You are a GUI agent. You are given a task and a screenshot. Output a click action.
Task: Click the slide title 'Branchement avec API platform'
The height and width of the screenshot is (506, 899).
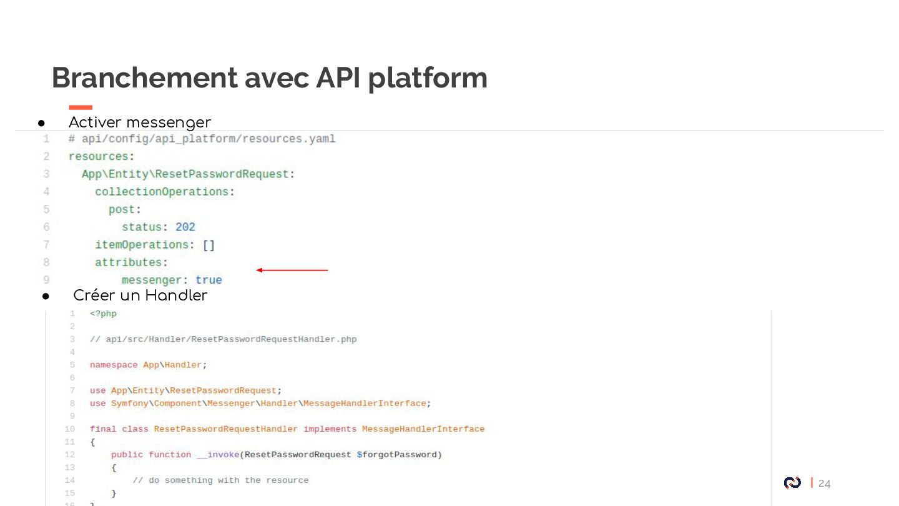[x=269, y=78]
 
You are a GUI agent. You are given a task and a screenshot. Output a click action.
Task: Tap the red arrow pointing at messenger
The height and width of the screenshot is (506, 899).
[x=292, y=270]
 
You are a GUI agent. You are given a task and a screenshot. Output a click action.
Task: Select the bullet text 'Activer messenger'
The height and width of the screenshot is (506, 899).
[x=139, y=122]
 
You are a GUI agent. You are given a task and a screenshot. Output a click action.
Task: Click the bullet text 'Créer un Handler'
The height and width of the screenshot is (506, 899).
[x=140, y=295]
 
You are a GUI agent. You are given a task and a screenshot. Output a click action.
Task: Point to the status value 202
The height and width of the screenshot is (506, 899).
[x=185, y=227]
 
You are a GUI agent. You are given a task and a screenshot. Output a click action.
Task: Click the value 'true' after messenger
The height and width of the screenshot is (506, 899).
[x=209, y=280]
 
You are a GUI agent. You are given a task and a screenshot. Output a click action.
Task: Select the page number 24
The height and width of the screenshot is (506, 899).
[x=825, y=484]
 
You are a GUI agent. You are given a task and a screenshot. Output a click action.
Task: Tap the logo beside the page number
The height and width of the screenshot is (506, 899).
[x=792, y=483]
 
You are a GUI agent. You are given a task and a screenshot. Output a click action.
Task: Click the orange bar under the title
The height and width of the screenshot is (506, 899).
[x=81, y=107]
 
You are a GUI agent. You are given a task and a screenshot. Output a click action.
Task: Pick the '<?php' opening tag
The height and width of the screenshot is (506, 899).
[x=103, y=314]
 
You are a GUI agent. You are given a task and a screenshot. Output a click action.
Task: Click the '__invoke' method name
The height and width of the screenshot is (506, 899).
[x=218, y=455]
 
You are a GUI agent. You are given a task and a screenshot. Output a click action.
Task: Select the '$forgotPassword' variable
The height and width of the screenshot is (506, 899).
[x=399, y=455]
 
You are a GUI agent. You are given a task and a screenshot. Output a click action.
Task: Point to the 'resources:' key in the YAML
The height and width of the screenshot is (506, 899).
[x=101, y=156]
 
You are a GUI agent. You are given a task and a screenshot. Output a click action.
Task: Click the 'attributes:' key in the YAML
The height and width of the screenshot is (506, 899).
[x=131, y=262]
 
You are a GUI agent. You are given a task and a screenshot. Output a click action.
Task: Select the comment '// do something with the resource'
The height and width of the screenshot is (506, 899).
[x=220, y=480]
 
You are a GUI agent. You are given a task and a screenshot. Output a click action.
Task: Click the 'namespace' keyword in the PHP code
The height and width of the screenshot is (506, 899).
[x=114, y=365]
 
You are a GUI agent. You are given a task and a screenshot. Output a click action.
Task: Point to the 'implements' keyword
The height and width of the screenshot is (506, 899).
[x=330, y=429]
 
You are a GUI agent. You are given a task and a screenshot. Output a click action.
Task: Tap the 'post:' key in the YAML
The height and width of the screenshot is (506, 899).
[x=125, y=209]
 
